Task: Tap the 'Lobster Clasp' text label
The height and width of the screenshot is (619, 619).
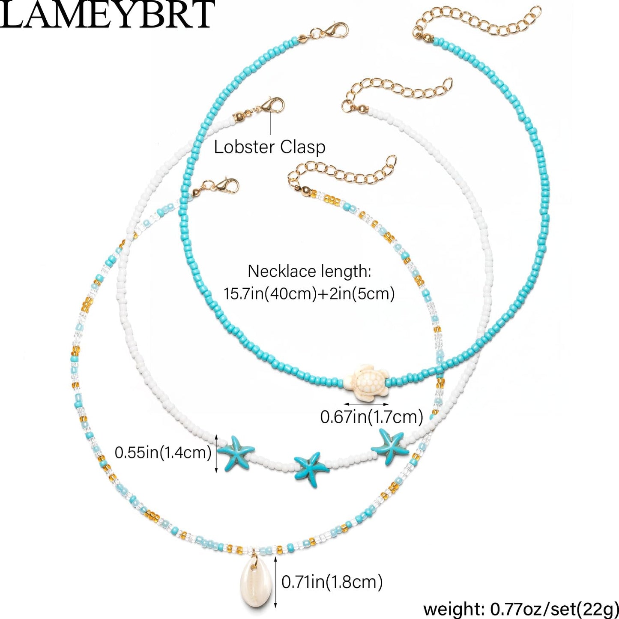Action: click(x=269, y=147)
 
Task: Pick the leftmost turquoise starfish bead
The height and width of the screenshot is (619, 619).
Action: click(x=236, y=452)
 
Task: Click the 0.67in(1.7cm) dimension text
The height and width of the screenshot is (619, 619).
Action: click(x=372, y=417)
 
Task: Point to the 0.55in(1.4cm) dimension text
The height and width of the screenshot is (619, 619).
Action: click(x=163, y=453)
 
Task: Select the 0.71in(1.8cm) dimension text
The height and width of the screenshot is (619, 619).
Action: click(x=332, y=582)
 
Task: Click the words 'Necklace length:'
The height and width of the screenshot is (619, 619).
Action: click(x=309, y=272)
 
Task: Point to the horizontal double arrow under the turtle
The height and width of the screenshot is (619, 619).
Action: click(x=366, y=404)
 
